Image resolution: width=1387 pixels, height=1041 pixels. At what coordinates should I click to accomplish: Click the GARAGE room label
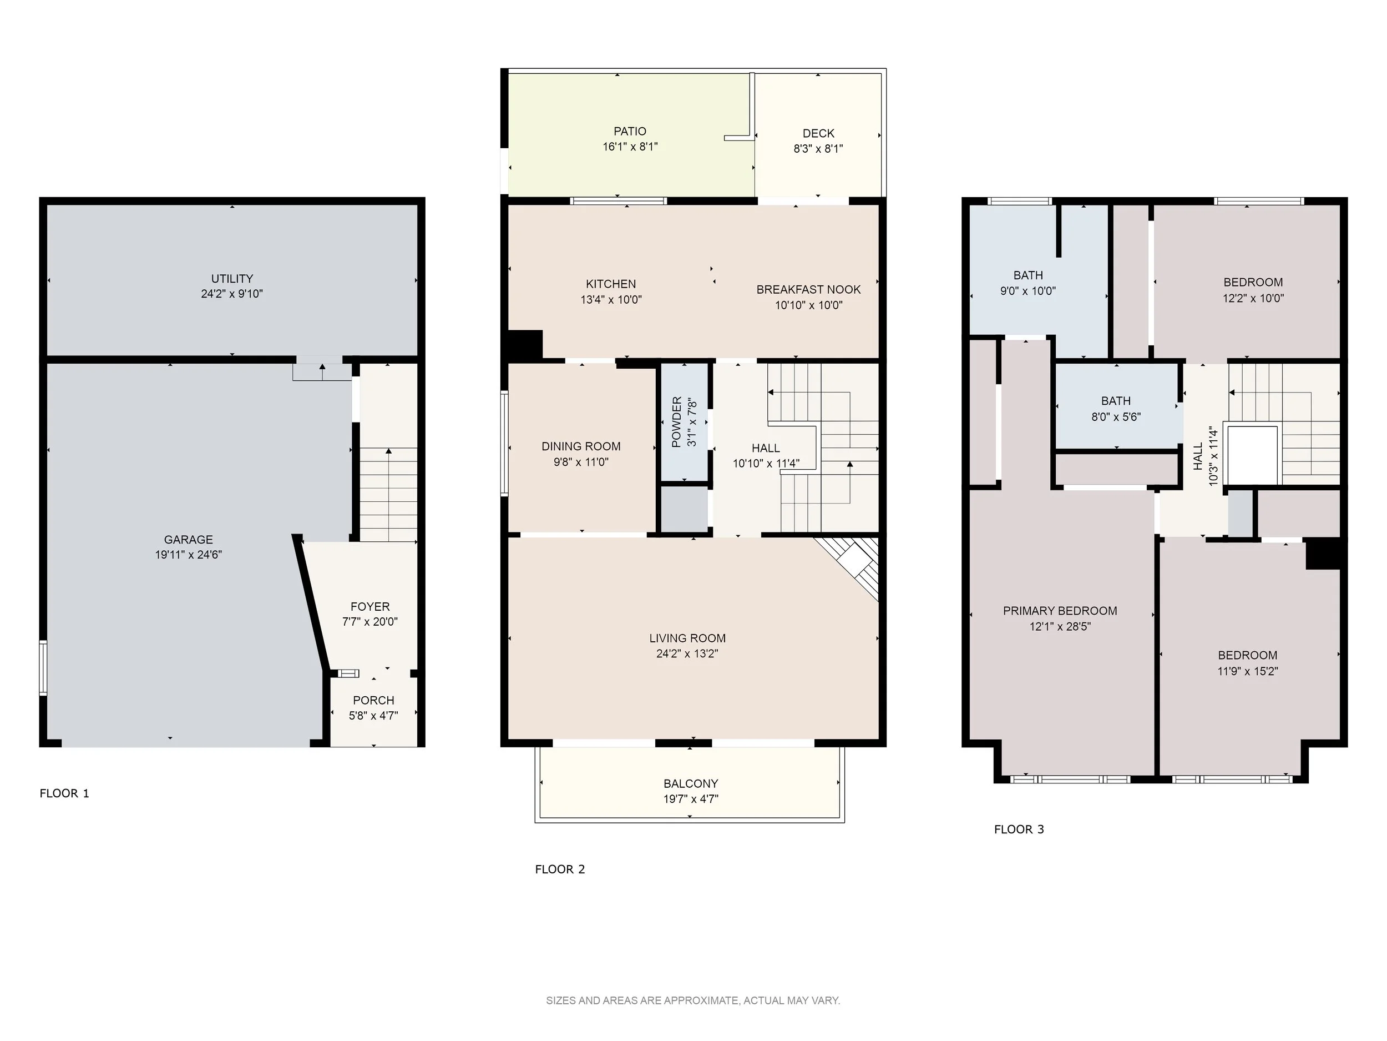(x=188, y=540)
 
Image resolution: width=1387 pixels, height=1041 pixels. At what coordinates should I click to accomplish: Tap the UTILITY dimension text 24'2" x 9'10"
(x=232, y=294)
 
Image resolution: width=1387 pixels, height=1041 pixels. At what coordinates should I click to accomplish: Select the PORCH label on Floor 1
(x=374, y=700)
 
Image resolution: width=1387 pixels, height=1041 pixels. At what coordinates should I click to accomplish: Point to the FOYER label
(x=370, y=607)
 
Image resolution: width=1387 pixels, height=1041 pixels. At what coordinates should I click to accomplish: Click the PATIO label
(x=630, y=131)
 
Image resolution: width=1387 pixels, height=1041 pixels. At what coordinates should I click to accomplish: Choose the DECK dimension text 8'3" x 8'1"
(x=818, y=149)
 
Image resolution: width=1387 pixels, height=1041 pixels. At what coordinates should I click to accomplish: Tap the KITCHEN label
(x=611, y=284)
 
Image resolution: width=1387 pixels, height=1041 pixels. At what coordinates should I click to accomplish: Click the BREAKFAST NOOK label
(x=808, y=290)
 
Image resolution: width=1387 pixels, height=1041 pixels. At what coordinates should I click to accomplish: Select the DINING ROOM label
(x=581, y=447)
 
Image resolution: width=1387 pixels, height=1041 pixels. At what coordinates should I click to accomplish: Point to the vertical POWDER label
(x=676, y=421)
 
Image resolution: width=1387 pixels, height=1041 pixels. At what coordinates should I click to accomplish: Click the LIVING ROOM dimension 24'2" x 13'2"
(x=687, y=654)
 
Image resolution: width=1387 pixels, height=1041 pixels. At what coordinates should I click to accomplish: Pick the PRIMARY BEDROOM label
(x=1060, y=611)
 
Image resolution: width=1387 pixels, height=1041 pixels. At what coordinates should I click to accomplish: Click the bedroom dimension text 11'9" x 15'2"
(x=1248, y=671)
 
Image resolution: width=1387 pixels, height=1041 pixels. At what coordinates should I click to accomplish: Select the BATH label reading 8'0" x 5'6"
(x=1116, y=401)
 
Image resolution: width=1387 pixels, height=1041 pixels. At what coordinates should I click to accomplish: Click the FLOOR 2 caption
(x=560, y=869)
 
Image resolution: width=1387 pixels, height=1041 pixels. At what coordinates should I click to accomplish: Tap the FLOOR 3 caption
(x=1019, y=829)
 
